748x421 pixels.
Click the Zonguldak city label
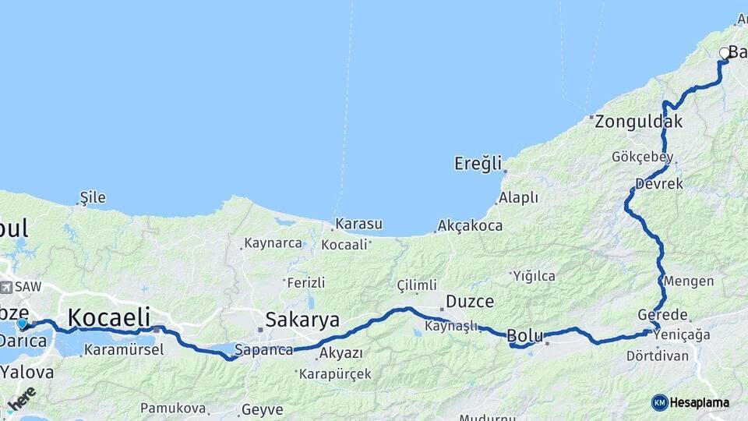639,122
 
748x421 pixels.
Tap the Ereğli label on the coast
478,164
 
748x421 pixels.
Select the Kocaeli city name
108,317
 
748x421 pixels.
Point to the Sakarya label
302,320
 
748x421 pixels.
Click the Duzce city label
470,301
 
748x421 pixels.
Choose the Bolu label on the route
524,336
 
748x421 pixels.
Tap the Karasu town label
358,225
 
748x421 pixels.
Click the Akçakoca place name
470,226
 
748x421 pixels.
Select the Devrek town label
658,184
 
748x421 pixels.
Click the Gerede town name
662,315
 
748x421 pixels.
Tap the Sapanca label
263,350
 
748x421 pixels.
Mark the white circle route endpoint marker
725,53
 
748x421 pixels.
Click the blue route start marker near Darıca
22,323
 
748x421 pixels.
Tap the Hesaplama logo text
699,403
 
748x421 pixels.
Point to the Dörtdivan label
657,356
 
